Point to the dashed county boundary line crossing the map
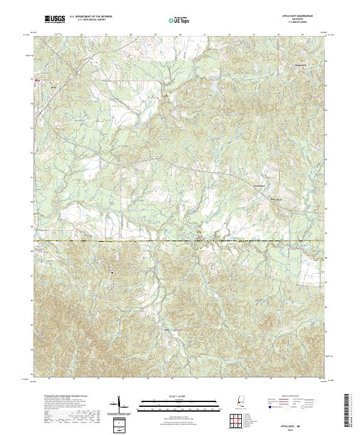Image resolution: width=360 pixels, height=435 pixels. point(180,241)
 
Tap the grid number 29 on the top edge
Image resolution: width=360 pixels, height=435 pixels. point(155,35)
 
